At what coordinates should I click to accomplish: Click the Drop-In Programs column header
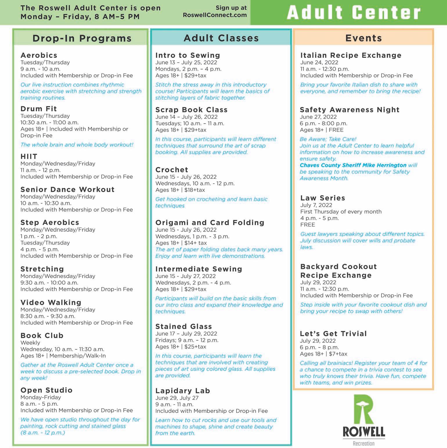tap(82, 38)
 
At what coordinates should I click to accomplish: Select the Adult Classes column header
tap(221, 38)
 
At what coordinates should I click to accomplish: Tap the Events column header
tap(364, 38)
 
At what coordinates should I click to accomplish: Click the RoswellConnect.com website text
tap(215, 15)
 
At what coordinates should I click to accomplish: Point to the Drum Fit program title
tap(39, 109)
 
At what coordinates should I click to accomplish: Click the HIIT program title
tap(29, 156)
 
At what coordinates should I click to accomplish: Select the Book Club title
tap(42, 336)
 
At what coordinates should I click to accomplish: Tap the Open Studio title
tap(46, 390)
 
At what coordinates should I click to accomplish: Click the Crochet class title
tap(172, 170)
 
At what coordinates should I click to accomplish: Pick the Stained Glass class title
tap(184, 327)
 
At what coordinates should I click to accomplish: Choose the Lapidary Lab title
tap(183, 391)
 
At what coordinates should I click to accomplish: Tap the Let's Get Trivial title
tap(334, 334)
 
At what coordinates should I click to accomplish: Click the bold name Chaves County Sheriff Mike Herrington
tap(353, 165)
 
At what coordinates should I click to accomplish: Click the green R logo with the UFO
tap(363, 409)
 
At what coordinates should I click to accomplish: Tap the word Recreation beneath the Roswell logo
tap(364, 443)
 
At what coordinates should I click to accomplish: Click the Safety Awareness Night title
tap(350, 110)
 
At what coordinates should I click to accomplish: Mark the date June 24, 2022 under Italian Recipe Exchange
tap(319, 62)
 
